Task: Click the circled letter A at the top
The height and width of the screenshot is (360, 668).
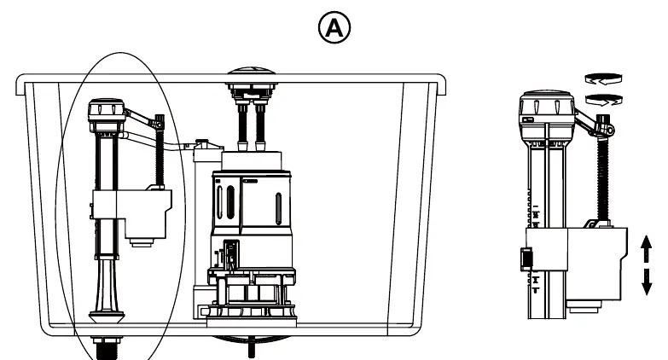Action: coord(334,27)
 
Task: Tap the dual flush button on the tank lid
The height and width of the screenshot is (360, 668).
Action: coord(252,76)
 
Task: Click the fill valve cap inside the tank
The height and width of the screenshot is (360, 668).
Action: coord(107,110)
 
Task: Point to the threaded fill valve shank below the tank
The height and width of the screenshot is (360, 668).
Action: coord(107,349)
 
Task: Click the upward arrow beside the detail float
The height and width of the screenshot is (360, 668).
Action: coord(647,249)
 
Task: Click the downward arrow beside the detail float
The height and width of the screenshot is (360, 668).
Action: coord(647,282)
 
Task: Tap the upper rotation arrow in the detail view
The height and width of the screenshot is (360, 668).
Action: coord(603,78)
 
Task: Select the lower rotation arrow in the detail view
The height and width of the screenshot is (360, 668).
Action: coord(604,100)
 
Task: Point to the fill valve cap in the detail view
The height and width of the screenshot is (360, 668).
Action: coord(547,109)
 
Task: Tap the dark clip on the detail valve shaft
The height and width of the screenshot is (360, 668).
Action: coord(526,258)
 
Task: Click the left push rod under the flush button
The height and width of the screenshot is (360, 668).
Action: coord(243,126)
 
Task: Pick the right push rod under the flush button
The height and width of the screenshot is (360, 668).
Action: coord(260,126)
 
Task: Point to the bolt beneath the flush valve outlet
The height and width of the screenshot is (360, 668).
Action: coord(252,347)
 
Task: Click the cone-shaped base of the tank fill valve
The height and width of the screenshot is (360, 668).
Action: coord(106,293)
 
